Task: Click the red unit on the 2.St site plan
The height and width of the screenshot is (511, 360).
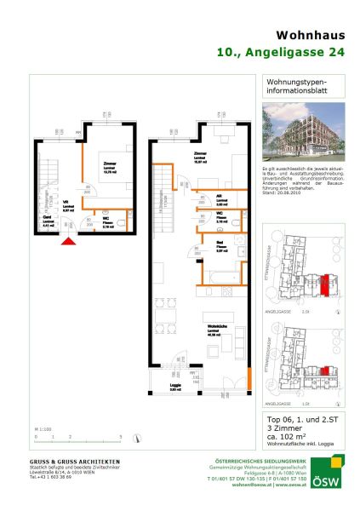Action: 325,286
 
